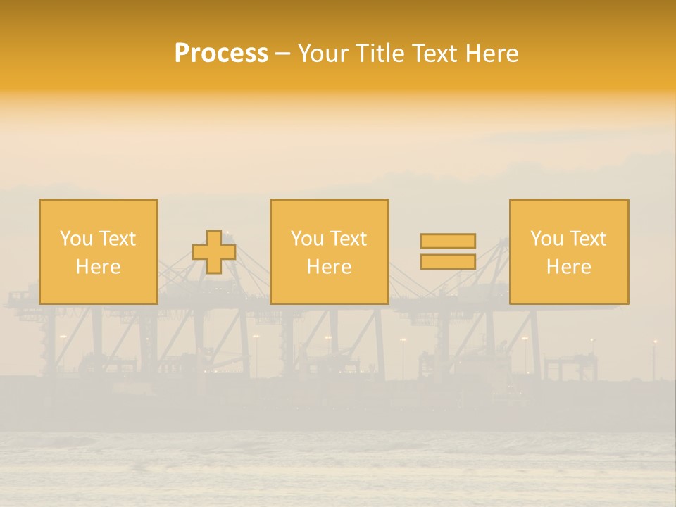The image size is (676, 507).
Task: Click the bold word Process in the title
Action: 221,54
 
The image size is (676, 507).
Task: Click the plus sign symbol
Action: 214,252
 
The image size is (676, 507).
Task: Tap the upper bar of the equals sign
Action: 448,241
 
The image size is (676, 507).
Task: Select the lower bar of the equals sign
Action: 448,262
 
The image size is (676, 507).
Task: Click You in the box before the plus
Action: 76,239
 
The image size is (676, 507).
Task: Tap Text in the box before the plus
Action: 117,239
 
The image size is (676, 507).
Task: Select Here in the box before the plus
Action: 99,267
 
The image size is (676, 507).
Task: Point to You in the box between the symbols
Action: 307,239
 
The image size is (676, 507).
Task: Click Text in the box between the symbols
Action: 348,239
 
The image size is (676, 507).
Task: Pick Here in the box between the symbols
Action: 330,267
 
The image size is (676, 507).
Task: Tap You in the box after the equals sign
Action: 546,239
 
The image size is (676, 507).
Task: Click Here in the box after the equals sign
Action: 569,267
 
